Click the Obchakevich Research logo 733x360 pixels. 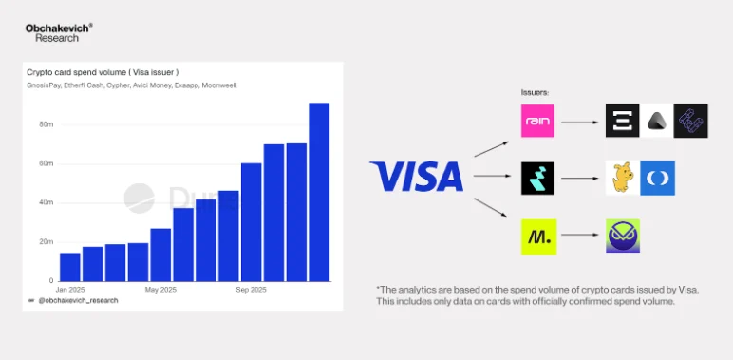(x=58, y=32)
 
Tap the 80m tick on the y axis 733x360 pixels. (x=46, y=124)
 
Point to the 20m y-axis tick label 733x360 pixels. (x=46, y=241)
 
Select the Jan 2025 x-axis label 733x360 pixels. (x=70, y=289)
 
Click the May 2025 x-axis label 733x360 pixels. (x=160, y=289)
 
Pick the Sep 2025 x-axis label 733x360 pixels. (x=251, y=289)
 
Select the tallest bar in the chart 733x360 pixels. (x=319, y=191)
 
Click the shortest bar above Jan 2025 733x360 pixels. (x=70, y=267)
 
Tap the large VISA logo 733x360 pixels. (x=416, y=177)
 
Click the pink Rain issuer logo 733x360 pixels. (x=538, y=122)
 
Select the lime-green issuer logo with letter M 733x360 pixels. (x=538, y=235)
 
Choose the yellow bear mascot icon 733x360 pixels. (x=623, y=179)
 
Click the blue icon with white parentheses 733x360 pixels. (x=657, y=179)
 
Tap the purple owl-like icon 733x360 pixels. (x=623, y=235)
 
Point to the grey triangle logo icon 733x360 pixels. (x=657, y=122)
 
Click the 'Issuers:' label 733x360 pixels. (x=536, y=92)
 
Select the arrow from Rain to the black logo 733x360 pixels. (x=580, y=122)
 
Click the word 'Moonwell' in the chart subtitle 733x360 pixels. (x=220, y=85)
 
